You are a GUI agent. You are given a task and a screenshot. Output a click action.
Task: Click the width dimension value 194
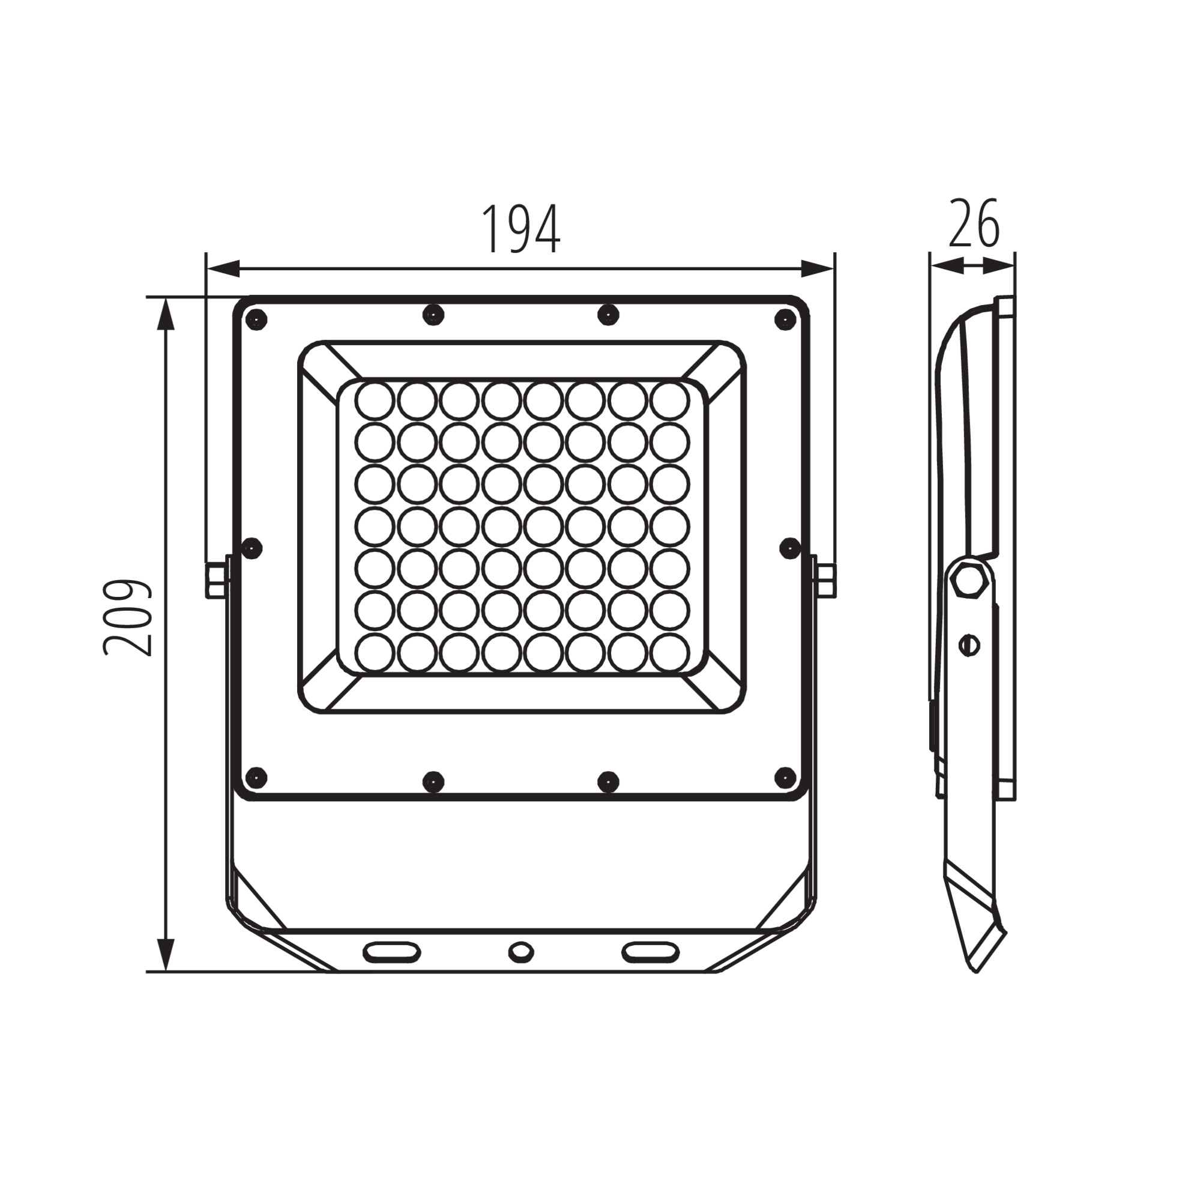(x=522, y=229)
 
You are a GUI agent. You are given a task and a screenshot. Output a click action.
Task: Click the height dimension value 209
(x=127, y=618)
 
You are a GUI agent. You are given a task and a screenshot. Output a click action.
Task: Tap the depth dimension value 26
(x=974, y=223)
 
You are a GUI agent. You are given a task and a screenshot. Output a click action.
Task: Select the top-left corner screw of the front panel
(x=256, y=319)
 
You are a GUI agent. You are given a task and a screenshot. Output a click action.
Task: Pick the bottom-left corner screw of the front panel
(x=256, y=776)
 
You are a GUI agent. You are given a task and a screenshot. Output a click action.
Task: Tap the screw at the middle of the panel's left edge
(x=252, y=548)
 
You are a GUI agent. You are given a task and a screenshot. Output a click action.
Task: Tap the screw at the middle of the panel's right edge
(x=790, y=547)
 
